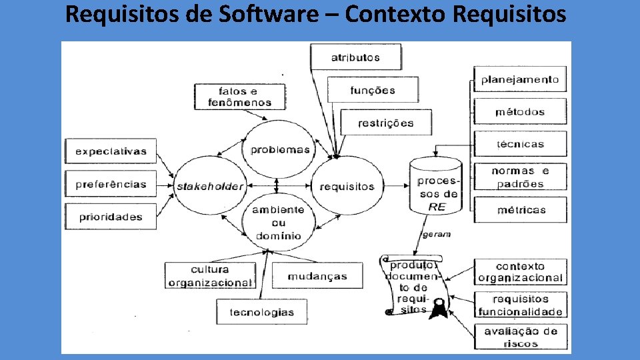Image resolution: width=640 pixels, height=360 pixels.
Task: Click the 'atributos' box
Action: (355, 57)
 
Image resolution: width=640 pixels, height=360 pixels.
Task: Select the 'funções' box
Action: (373, 90)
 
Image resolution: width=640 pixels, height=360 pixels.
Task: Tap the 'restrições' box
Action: (385, 123)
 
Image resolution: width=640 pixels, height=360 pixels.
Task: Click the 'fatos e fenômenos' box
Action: (240, 97)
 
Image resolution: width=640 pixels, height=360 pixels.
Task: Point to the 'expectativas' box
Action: (111, 151)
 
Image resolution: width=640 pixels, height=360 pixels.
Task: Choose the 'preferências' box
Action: (111, 184)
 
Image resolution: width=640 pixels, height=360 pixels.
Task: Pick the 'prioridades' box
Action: (111, 217)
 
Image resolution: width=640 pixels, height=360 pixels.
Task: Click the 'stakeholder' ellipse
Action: (209, 187)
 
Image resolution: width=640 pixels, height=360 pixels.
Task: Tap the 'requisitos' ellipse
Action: (347, 187)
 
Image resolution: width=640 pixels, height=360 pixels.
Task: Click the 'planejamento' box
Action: (520, 79)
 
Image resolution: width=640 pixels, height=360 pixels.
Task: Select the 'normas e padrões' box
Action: (520, 177)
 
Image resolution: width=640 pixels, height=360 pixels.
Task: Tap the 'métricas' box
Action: (520, 210)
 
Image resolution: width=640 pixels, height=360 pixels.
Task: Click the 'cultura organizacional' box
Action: (210, 276)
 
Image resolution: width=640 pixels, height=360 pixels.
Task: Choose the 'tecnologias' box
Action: (261, 312)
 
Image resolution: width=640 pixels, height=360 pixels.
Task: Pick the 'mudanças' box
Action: (318, 276)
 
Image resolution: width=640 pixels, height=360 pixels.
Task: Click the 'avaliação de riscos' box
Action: (520, 337)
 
